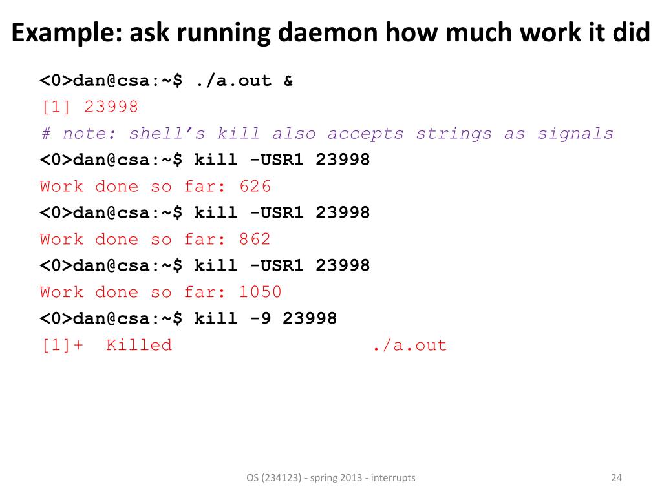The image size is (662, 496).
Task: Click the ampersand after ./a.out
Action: tap(288, 81)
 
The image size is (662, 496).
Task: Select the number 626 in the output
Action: tap(255, 187)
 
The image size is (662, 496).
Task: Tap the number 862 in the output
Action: tap(255, 240)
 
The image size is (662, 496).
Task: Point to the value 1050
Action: tap(260, 292)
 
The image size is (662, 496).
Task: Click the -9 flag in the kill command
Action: tap(261, 318)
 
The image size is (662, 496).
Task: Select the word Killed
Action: tap(139, 345)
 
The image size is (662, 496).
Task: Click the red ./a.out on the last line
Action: tap(410, 345)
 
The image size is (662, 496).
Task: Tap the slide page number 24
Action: tap(616, 478)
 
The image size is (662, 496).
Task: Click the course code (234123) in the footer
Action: tap(282, 478)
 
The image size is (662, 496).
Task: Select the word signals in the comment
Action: tap(575, 134)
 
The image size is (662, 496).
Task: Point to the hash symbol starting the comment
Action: tap(46, 134)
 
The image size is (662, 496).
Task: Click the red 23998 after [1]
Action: tap(111, 107)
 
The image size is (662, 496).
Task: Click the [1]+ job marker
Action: tap(62, 345)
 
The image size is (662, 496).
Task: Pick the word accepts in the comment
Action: tap(365, 134)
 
